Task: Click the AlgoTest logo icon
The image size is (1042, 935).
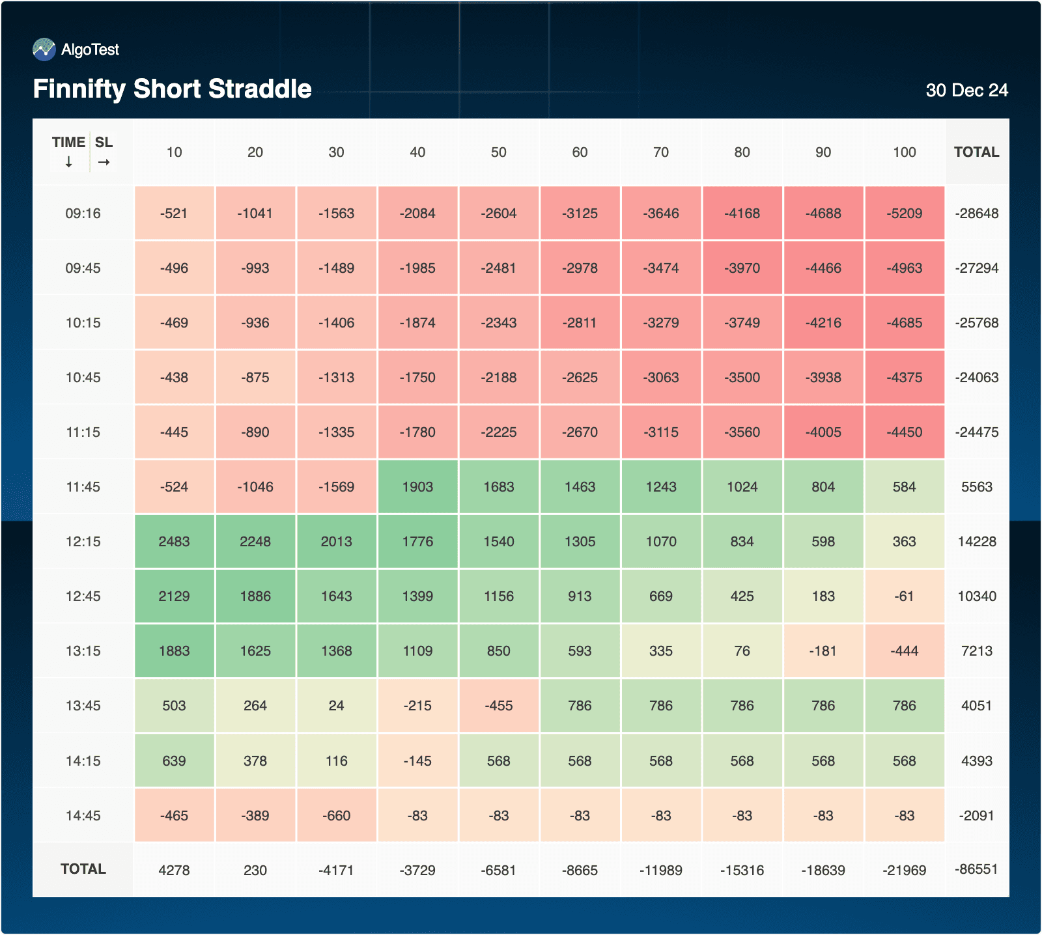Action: [x=44, y=49]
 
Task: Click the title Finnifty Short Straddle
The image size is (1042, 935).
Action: [x=172, y=89]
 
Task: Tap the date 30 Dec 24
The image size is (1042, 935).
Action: [x=966, y=91]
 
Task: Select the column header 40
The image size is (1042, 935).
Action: [x=417, y=152]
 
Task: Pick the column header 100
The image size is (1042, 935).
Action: [x=904, y=152]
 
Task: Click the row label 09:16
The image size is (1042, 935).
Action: [x=83, y=214]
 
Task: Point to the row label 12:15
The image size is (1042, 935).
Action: [x=83, y=542]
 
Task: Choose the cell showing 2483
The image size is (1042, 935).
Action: [x=174, y=542]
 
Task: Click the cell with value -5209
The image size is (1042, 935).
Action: [x=904, y=214]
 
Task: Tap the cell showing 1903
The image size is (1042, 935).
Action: [x=417, y=487]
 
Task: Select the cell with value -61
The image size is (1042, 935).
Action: [x=904, y=596]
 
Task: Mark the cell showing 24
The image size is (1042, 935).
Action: [x=336, y=706]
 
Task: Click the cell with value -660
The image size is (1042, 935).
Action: [x=336, y=816]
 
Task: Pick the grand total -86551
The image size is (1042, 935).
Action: [x=976, y=869]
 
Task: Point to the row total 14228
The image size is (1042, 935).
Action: [x=976, y=542]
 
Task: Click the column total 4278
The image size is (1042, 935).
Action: [x=174, y=871]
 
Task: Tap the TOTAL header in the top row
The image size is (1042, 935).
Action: [x=976, y=152]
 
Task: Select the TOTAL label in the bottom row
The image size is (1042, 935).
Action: [x=83, y=869]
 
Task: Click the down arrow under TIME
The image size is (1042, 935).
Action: [x=68, y=162]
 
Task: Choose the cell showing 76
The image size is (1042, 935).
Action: [x=742, y=651]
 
